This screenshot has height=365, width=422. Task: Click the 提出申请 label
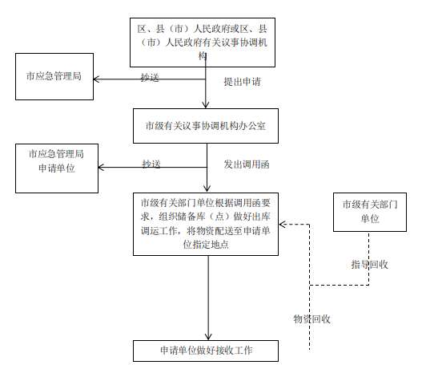click(x=242, y=82)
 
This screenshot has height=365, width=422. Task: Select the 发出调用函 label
click(x=247, y=164)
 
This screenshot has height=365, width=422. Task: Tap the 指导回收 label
click(x=369, y=265)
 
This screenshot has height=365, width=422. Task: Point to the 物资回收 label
click(x=311, y=319)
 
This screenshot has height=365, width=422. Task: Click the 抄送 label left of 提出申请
click(x=150, y=78)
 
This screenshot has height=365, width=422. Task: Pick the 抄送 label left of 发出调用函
click(x=151, y=164)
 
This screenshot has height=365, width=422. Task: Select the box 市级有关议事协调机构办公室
click(x=206, y=126)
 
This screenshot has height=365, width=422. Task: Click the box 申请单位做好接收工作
click(x=206, y=351)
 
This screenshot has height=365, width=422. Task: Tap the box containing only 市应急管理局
click(x=54, y=76)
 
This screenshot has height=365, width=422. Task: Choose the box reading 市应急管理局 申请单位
click(x=57, y=168)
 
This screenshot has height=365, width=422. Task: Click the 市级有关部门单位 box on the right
click(x=370, y=212)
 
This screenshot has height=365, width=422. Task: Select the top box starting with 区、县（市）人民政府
click(x=203, y=43)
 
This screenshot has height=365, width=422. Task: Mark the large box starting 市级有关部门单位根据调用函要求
click(x=206, y=224)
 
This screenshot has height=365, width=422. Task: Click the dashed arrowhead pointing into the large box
click(x=282, y=225)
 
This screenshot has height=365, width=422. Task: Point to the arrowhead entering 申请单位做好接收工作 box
click(x=208, y=337)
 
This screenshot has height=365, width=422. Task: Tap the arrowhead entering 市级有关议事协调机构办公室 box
click(x=206, y=105)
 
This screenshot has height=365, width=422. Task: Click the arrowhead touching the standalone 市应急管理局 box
click(x=97, y=79)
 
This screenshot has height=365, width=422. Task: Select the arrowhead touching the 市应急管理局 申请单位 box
click(x=102, y=167)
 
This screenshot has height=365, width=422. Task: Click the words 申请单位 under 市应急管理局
click(x=57, y=168)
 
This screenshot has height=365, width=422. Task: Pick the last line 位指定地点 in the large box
click(x=206, y=245)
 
